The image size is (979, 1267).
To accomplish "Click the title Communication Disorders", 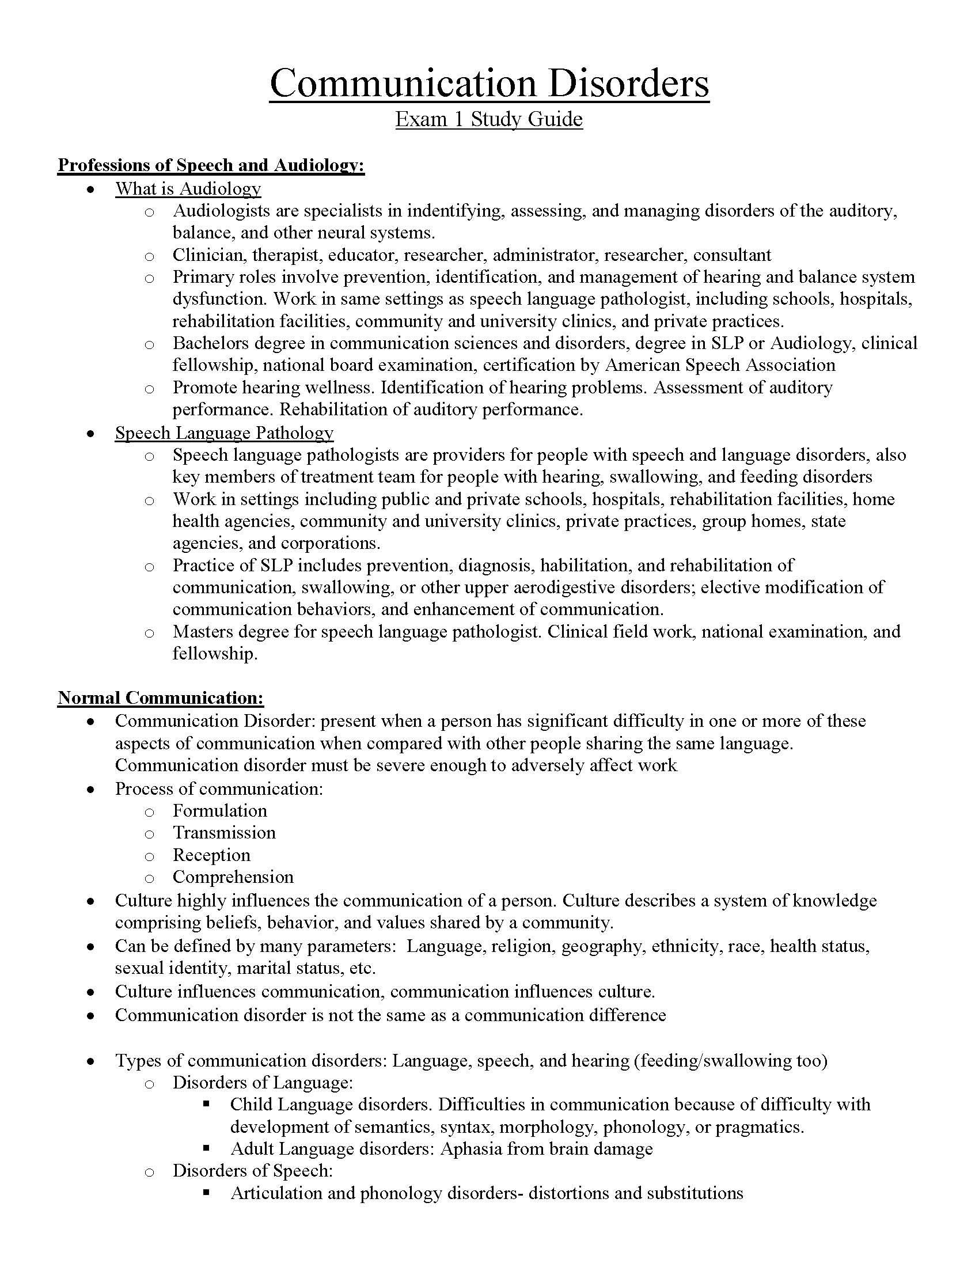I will pos(489,83).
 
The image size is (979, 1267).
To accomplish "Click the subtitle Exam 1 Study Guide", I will pos(489,119).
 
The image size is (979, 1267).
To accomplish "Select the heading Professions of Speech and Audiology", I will pos(211,165).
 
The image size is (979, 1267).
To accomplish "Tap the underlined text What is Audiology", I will pos(188,188).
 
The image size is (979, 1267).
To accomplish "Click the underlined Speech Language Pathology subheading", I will pos(224,433).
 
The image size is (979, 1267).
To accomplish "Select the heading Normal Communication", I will pos(161,697).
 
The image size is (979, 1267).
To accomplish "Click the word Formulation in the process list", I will pos(220,810).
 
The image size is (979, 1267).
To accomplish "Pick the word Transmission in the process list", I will pos(224,833).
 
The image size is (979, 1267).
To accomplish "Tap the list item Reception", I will pos(211,855).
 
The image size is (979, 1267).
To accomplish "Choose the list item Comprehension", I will pos(233,877).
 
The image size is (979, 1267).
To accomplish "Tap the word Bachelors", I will pos(210,343).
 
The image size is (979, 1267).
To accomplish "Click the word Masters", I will pos(201,631).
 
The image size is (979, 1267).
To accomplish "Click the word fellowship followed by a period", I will pos(214,654).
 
